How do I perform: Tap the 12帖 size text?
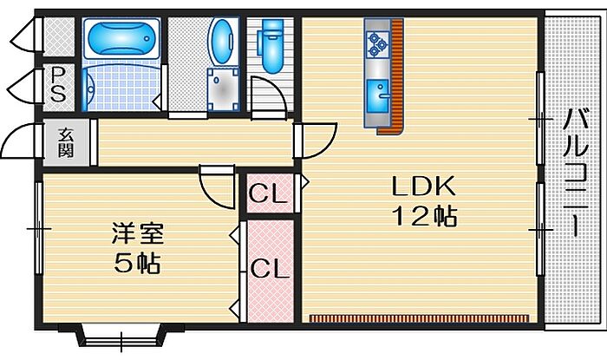424,217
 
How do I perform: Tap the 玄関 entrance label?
66,142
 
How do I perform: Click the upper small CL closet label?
268,194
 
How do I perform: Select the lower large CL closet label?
268,269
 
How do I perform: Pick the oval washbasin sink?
222,43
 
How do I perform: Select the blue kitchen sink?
378,91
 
